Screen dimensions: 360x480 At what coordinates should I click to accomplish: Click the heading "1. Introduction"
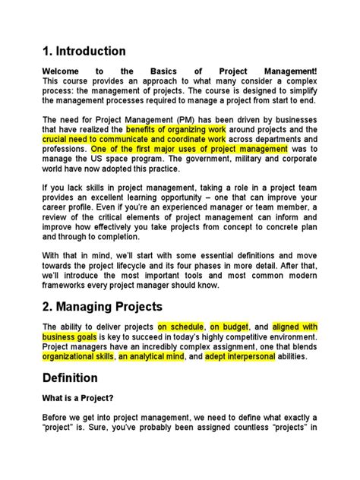(84, 52)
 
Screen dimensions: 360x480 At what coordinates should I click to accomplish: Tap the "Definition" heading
(71, 377)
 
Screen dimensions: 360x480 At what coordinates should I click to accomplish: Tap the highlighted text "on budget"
(232, 326)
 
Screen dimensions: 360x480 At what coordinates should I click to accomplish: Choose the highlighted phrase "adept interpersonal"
(239, 355)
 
